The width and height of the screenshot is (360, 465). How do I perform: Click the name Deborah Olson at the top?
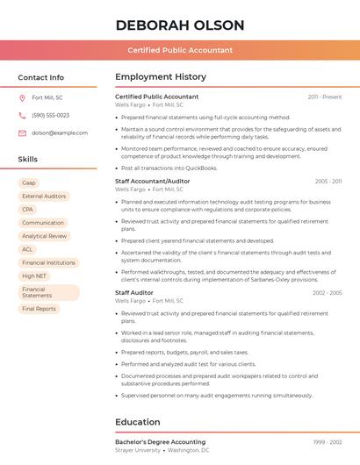[x=179, y=25]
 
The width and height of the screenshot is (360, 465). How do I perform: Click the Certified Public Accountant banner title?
[x=180, y=50]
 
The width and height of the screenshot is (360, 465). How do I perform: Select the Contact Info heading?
[x=40, y=77]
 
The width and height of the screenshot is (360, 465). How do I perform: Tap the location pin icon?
[x=22, y=97]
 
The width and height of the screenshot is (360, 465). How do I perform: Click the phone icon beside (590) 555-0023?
[x=22, y=115]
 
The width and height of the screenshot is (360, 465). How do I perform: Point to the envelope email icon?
[x=22, y=133]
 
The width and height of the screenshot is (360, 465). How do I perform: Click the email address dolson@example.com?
[x=60, y=133]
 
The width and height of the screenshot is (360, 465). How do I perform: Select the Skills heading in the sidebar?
[x=27, y=160]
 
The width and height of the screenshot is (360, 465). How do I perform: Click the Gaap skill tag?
[x=29, y=183]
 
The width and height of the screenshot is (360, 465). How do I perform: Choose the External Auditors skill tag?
[x=44, y=197]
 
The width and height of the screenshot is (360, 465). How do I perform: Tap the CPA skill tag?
[x=28, y=210]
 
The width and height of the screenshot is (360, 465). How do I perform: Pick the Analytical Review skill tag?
[x=45, y=236]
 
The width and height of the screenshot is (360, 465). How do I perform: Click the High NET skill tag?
[x=34, y=275]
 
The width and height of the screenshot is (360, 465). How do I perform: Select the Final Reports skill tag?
[x=39, y=309]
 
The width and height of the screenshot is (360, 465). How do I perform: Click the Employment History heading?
[x=161, y=77]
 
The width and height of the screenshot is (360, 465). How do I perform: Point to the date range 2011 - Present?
[x=324, y=97]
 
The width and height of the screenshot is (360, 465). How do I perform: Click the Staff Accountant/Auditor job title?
[x=153, y=181]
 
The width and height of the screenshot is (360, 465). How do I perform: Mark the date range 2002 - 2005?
[x=327, y=293]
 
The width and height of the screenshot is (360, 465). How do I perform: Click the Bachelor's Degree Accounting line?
[x=160, y=442]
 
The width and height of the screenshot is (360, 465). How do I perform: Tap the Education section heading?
[x=137, y=422]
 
